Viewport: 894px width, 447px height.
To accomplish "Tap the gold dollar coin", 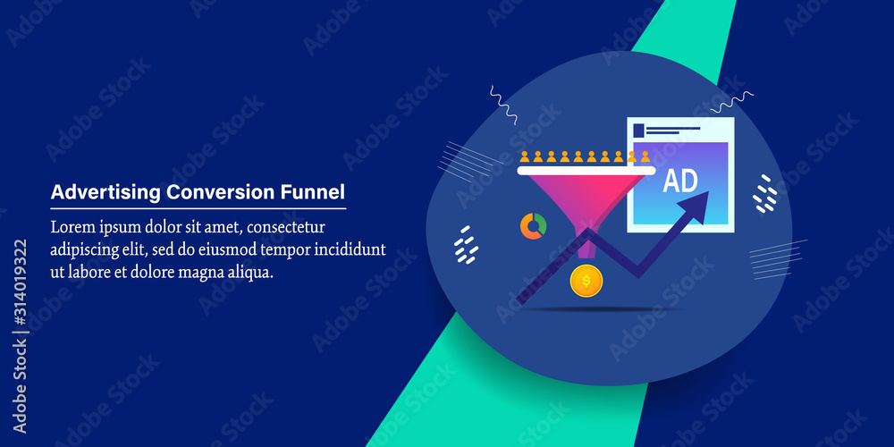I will [x=586, y=282].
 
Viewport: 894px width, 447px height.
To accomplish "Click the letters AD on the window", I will [x=680, y=181].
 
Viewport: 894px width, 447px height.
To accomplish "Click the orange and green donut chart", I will [x=534, y=226].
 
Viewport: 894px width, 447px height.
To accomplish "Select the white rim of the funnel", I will [x=586, y=170].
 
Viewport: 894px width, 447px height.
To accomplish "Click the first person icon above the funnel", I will [x=526, y=157].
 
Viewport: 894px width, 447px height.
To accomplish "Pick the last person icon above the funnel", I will [x=645, y=157].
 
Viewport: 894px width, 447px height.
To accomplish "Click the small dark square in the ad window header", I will [x=638, y=131].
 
